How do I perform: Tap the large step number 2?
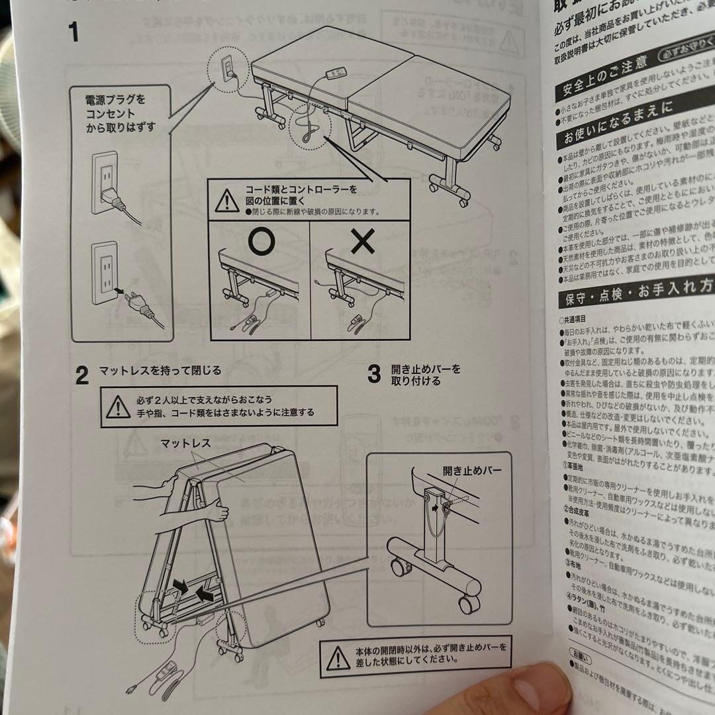pyautogui.click(x=81, y=376)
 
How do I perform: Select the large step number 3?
pyautogui.click(x=374, y=375)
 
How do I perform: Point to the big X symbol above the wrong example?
pyautogui.click(x=363, y=243)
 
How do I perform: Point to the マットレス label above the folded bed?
pyautogui.click(x=185, y=444)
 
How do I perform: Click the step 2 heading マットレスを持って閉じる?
pyautogui.click(x=160, y=370)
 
